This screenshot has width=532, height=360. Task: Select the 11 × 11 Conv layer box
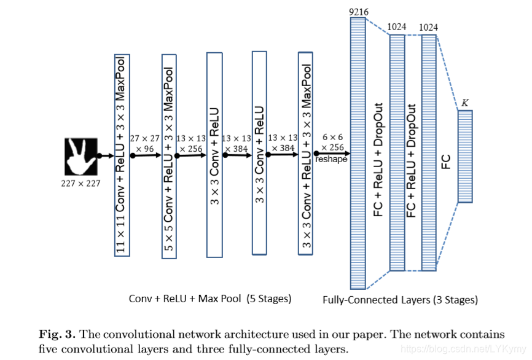click(x=122, y=155)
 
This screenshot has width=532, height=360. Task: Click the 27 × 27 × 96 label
click(x=146, y=143)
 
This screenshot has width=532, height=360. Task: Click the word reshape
click(x=332, y=159)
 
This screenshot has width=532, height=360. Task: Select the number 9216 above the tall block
click(x=358, y=12)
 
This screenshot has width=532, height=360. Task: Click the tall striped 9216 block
click(x=358, y=153)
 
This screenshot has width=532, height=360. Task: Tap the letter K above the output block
click(x=465, y=103)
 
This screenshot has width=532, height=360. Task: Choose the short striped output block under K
click(x=464, y=157)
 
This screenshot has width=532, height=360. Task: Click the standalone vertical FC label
click(x=446, y=162)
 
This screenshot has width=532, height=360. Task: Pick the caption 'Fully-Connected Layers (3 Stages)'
click(x=400, y=300)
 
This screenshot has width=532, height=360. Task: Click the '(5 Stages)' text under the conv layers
click(x=269, y=299)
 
